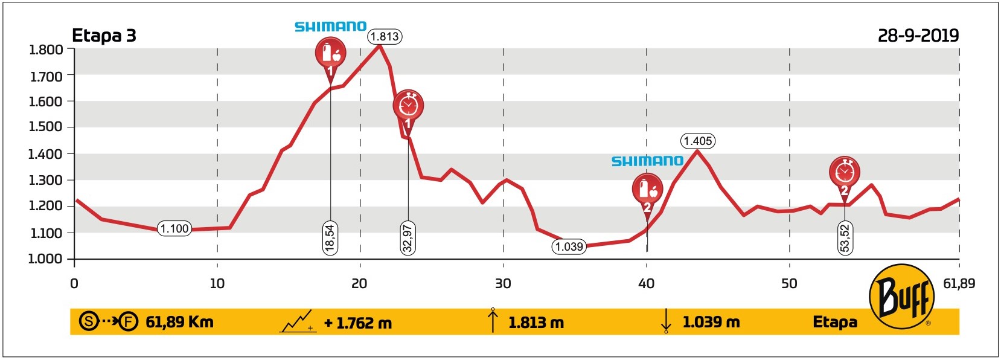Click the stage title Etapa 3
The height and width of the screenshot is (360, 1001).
[x=104, y=36]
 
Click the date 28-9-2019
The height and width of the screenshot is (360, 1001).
[x=918, y=36]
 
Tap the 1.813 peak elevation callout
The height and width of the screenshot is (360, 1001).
[x=385, y=37]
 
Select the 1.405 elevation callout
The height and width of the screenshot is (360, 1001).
[x=697, y=141]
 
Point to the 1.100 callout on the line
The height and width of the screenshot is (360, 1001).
[x=174, y=229]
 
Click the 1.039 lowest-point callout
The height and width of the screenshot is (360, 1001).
[x=569, y=246]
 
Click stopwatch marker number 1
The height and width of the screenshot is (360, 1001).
[x=408, y=107]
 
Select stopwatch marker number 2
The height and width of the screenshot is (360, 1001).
[x=844, y=174]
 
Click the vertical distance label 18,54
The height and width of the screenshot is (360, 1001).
[x=330, y=237]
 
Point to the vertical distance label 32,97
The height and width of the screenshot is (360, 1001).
[x=408, y=238]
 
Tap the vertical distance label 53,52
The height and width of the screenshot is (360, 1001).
[x=845, y=238]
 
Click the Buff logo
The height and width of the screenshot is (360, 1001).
[x=902, y=297]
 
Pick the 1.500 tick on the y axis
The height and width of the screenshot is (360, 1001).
[x=46, y=127]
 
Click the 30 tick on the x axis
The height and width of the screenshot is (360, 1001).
[x=503, y=283]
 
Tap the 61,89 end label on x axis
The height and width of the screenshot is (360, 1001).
[x=959, y=283]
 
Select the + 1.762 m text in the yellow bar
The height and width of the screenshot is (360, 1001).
[x=358, y=323]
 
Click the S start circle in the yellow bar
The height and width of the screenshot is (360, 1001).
[x=89, y=321]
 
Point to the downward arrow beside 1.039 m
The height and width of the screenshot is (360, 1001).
[x=665, y=321]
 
